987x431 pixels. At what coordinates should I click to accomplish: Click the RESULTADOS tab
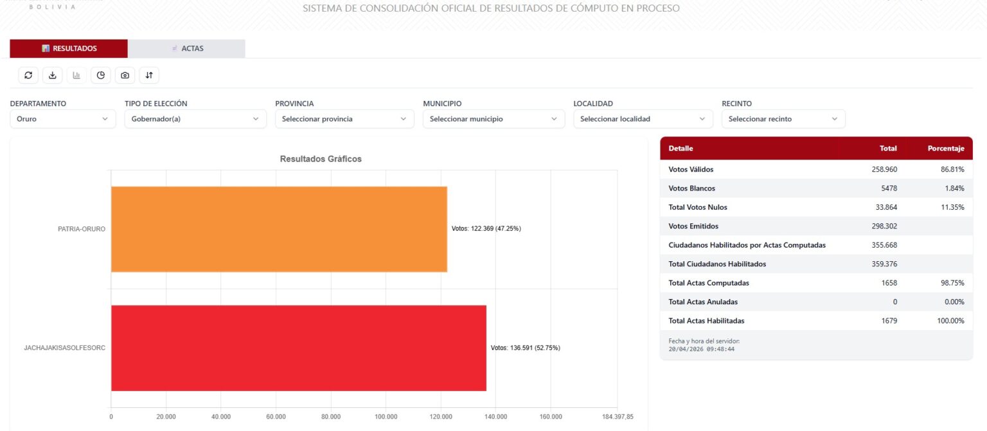69,48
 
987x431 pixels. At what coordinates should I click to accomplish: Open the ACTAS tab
186,48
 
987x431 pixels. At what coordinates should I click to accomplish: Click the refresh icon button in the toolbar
28,75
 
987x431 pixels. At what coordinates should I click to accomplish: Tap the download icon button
53,75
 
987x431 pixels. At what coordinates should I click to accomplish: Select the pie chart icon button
101,75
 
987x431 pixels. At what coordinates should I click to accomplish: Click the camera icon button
125,75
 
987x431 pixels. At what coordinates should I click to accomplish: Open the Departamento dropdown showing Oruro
62,119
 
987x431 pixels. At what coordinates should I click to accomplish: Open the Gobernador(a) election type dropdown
195,119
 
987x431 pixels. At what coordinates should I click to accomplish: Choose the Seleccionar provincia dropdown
344,119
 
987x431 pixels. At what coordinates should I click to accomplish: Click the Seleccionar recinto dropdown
783,119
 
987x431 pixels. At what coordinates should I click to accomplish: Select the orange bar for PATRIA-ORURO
279,229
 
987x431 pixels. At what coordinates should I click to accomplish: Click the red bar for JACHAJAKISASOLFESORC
298,348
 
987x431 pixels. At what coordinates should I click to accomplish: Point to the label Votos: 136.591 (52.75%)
525,348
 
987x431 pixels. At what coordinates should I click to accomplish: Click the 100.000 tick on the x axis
386,417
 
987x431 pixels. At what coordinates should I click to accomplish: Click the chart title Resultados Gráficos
321,159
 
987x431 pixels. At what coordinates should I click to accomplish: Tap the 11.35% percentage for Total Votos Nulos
952,207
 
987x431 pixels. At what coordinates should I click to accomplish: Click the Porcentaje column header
945,149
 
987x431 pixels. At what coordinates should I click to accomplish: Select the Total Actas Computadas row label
708,283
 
